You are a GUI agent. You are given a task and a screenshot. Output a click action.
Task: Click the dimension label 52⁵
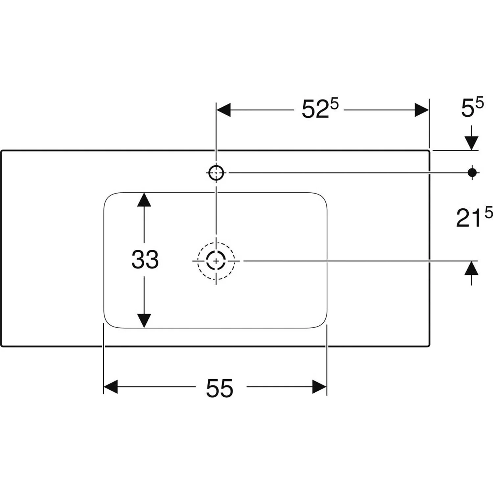pos(319,109)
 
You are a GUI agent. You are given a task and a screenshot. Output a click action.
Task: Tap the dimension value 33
pos(145,259)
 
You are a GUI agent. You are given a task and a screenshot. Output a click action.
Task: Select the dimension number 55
pos(220,388)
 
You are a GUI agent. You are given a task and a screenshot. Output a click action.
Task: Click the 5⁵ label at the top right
pos(472,108)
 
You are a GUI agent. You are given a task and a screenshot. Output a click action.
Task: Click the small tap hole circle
pos(216,173)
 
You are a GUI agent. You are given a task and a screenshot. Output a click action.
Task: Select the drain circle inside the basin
pos(216,261)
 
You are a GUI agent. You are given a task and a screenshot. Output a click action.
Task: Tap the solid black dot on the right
pos(472,172)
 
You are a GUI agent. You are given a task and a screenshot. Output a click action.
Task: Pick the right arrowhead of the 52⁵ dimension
pos(422,110)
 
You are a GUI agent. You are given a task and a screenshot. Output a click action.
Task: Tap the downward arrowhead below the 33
pos(144,320)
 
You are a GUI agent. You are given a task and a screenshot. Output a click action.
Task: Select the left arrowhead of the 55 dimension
pos(111,387)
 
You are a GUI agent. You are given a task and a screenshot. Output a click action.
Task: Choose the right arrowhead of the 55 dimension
pos(319,387)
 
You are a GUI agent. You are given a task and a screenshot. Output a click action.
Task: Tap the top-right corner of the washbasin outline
pos(429,151)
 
